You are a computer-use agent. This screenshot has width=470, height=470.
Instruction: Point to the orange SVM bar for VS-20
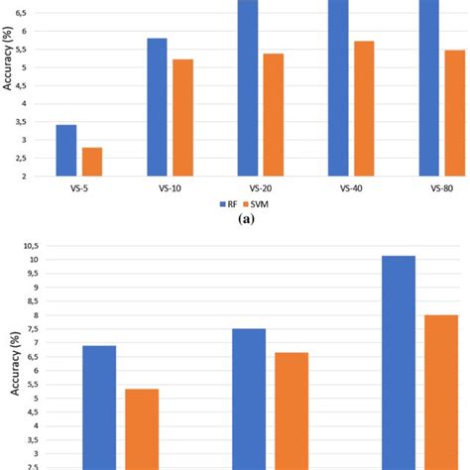click(x=273, y=114)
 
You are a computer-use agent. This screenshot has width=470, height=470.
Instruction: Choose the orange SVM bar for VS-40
click(x=363, y=108)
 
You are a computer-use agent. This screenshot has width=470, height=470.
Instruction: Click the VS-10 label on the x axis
click(x=170, y=187)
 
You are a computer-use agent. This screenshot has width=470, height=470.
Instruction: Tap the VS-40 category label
click(x=351, y=187)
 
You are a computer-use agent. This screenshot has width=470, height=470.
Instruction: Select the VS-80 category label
click(x=441, y=187)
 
